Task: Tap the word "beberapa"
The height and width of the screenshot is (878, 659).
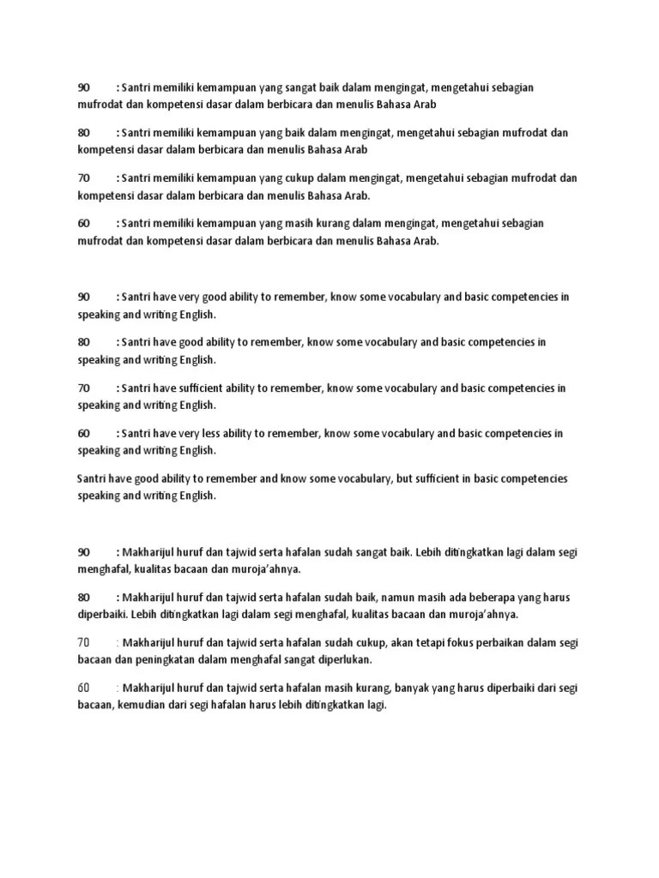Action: click(x=500, y=597)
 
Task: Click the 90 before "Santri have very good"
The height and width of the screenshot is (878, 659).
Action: click(x=84, y=297)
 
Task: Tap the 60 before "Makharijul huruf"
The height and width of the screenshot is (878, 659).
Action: click(x=84, y=688)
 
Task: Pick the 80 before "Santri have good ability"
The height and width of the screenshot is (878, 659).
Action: click(x=84, y=342)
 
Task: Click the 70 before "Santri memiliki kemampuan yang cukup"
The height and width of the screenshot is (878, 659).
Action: click(x=84, y=177)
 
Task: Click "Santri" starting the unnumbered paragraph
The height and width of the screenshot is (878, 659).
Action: click(x=93, y=478)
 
